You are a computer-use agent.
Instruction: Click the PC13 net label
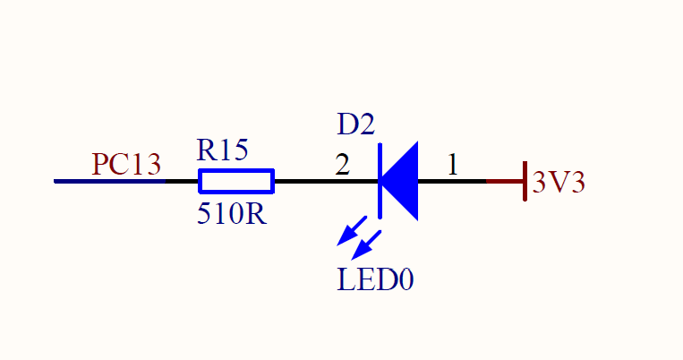point(126,165)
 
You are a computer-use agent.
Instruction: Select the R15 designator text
point(222,150)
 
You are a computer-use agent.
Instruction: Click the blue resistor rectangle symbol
point(235,182)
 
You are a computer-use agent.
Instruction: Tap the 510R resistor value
point(231,215)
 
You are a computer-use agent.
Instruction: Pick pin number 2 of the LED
point(342,165)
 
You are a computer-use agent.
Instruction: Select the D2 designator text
point(355,124)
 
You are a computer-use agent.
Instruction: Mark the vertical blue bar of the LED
point(380,180)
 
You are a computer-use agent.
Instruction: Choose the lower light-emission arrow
point(366,244)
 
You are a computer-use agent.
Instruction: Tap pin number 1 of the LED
point(453,165)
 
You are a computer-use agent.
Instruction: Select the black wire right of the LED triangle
point(452,182)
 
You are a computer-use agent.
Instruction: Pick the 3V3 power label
point(559,183)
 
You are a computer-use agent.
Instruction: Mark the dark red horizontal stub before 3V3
point(504,182)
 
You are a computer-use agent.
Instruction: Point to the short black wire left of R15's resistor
point(182,182)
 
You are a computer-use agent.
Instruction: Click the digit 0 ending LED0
point(406,279)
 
